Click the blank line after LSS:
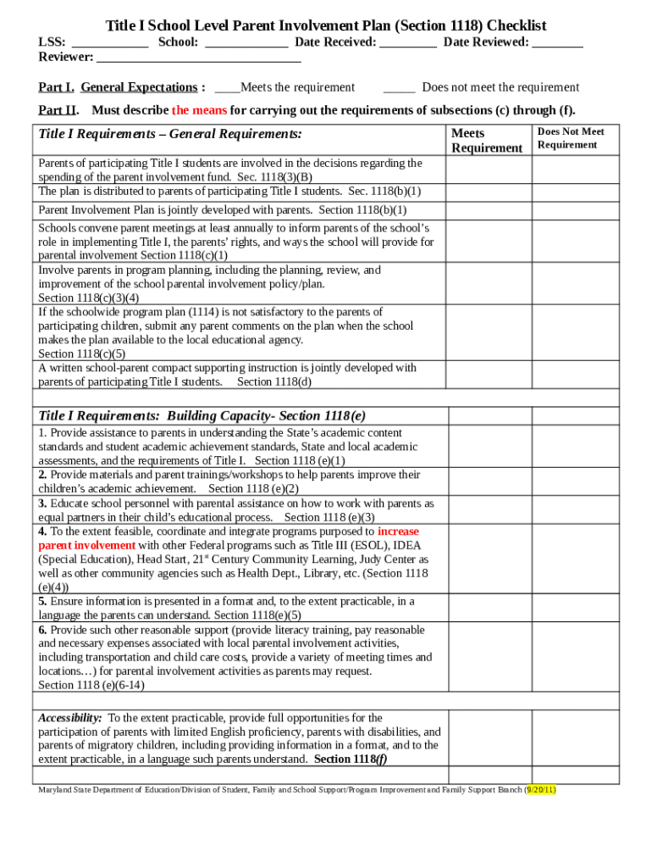(110, 43)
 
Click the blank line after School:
(246, 43)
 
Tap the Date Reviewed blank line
(558, 43)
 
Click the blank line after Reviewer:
(199, 58)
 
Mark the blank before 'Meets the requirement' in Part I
(227, 88)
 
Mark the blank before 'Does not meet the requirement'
(399, 88)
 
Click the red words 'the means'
(199, 110)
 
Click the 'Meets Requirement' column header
(486, 141)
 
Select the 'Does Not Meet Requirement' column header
(571, 138)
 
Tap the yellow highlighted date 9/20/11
(541, 789)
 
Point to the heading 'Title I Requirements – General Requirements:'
(169, 134)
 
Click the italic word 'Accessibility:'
(70, 718)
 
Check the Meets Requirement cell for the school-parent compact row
(489, 375)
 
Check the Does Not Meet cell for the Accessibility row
(576, 738)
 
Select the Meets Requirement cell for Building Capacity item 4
(489, 559)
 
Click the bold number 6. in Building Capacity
(42, 630)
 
